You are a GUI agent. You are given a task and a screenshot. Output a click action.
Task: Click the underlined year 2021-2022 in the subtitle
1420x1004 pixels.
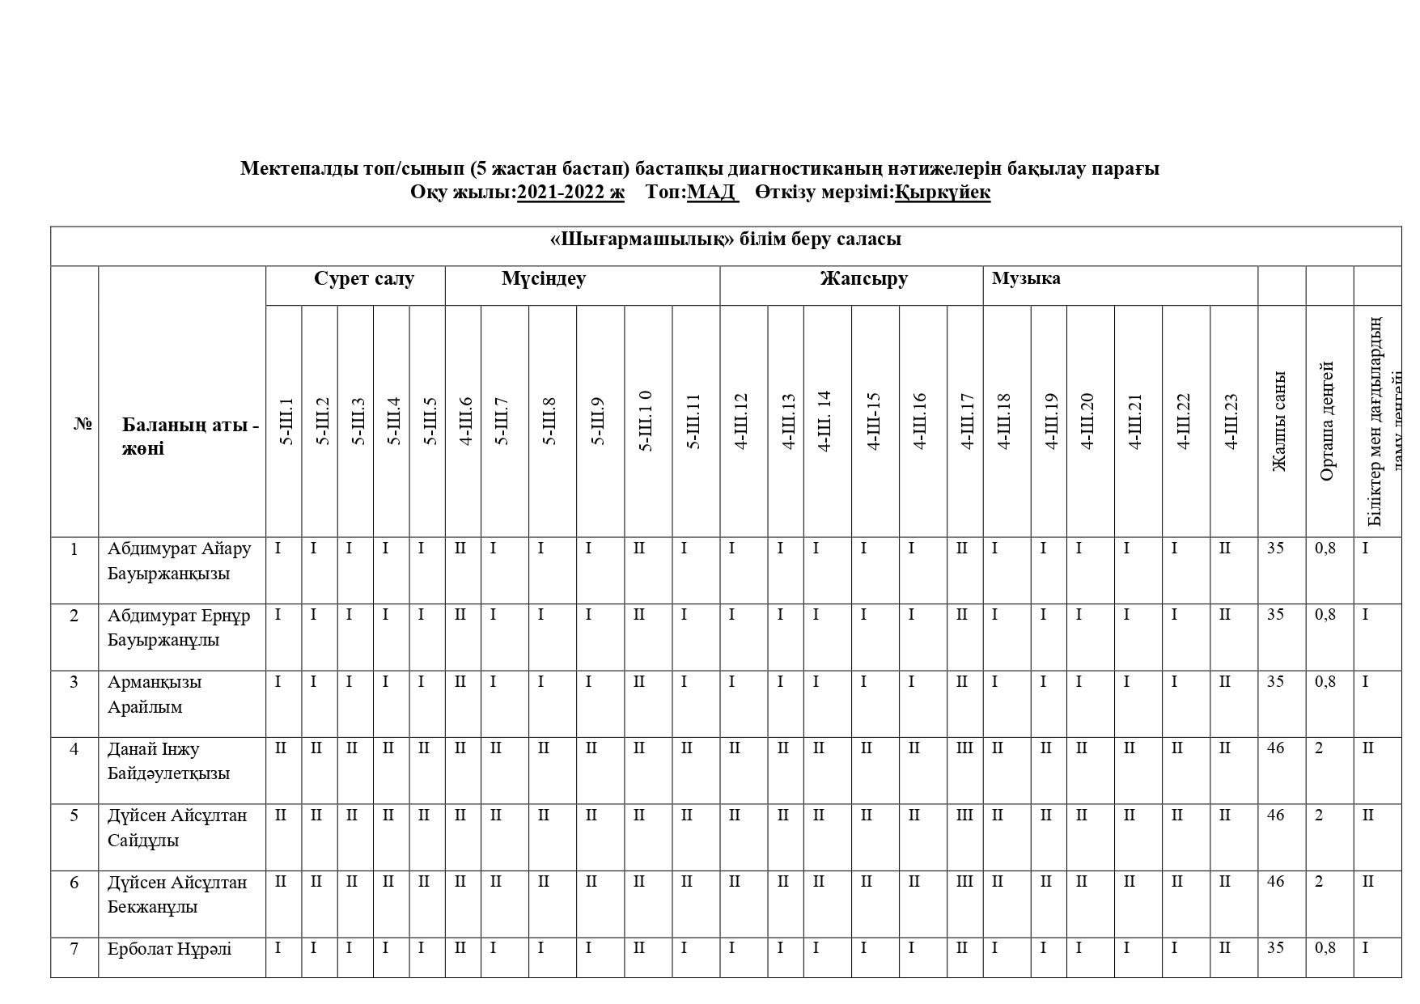point(570,192)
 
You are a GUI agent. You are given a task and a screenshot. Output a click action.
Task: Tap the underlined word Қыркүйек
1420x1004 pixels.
point(942,192)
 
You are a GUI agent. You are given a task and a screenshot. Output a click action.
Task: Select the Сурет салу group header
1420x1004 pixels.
point(364,279)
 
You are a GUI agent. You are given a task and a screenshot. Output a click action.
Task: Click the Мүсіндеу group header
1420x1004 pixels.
point(544,279)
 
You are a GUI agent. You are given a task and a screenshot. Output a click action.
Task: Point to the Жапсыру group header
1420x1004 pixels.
point(863,279)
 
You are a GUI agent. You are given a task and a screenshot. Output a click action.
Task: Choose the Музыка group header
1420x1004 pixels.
point(1026,279)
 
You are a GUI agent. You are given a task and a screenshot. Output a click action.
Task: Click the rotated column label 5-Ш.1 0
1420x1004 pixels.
point(646,421)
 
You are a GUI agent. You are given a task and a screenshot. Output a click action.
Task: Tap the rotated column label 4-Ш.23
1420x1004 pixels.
point(1231,421)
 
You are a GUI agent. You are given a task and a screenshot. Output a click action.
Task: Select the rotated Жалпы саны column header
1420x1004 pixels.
point(1279,421)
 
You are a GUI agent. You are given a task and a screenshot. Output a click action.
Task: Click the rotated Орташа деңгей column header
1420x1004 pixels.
point(1327,421)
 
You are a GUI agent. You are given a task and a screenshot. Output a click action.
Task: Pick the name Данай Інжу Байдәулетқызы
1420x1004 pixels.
point(168,761)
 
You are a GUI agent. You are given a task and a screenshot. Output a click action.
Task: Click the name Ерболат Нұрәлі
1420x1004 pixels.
point(169,949)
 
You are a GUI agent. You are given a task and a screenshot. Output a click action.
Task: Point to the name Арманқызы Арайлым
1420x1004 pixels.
point(155,694)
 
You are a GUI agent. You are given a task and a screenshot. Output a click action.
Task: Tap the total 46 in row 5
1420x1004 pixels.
point(1275,815)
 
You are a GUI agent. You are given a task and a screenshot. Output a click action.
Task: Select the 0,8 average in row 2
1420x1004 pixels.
point(1325,615)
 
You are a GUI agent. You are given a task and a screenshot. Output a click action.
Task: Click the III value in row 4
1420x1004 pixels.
point(964,748)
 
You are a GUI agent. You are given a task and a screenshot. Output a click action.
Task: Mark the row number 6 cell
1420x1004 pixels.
point(74,883)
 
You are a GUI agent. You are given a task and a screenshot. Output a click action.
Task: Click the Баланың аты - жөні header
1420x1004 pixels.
point(190,437)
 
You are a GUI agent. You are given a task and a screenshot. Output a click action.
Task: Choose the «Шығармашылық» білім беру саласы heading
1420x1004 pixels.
point(725,240)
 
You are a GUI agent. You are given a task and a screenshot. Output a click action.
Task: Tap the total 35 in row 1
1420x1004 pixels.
point(1275,549)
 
